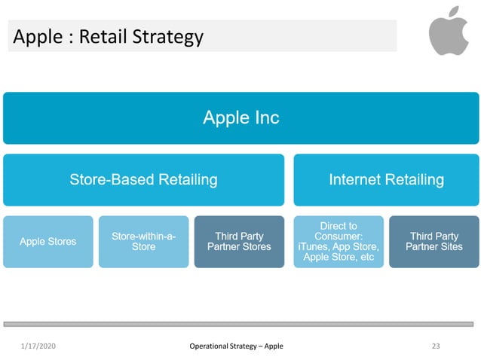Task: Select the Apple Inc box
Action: pos(240,117)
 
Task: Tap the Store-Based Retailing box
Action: pos(143,180)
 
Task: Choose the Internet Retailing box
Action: pos(386,180)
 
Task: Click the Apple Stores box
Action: pos(48,242)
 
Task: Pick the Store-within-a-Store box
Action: pos(143,242)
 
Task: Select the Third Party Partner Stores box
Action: pos(239,242)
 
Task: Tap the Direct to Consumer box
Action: pos(339,242)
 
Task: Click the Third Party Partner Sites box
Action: pos(434,242)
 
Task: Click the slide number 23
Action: pos(435,346)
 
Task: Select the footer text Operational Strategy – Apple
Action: pos(236,346)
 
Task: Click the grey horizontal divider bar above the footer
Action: pos(240,323)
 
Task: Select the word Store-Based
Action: pos(107,180)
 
